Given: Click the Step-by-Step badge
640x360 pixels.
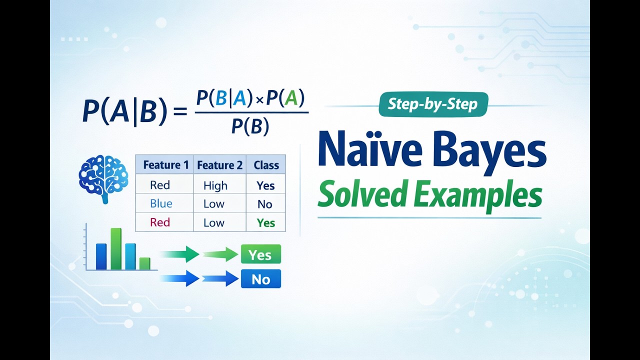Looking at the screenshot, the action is pos(433,104).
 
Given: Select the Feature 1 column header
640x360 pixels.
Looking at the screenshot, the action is pos(166,165).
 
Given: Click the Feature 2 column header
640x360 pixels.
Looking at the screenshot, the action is pos(219,165).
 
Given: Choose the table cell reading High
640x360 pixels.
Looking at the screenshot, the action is pos(215,185).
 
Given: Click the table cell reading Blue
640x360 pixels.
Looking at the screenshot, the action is pos(161,203).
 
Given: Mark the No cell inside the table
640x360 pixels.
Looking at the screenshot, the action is pos(265,204).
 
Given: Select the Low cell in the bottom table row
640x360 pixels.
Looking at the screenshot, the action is pos(214,223).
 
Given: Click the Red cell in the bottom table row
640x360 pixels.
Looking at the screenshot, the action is pos(160,222).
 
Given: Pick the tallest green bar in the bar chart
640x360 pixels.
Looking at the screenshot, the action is pos(116,249).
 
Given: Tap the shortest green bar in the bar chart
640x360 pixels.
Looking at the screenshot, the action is pos(145,263).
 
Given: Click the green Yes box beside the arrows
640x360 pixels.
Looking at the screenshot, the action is pos(261,254).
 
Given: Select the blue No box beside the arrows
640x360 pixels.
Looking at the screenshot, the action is pos(261,279).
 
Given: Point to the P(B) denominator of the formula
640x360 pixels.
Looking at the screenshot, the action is pos(250,126).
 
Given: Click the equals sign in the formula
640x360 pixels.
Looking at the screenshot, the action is pos(180,111).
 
